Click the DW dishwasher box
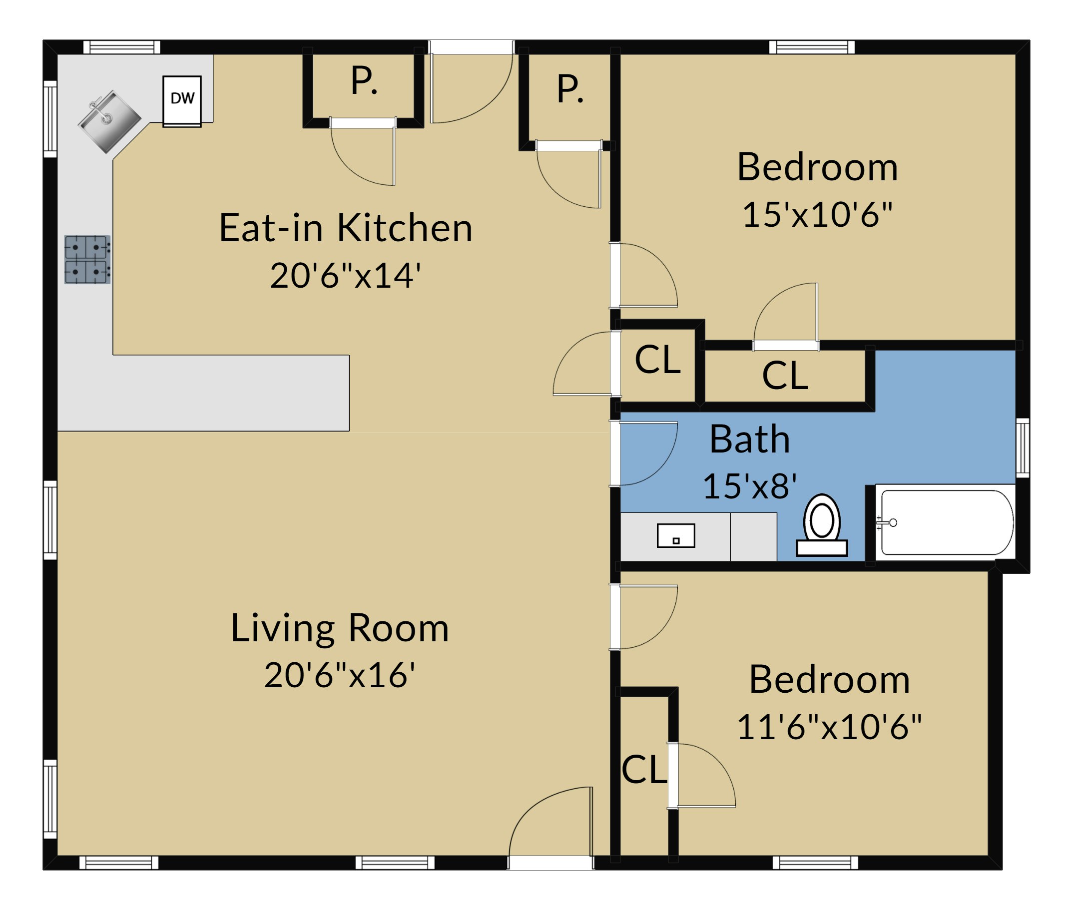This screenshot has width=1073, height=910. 182,101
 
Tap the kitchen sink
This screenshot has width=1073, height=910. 109,122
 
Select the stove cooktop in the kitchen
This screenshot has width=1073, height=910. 87,260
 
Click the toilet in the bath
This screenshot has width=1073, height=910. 822,524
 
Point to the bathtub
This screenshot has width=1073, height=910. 946,522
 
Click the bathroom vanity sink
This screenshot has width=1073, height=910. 676,535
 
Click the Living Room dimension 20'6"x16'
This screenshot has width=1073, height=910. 340,675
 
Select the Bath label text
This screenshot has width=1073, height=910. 750,439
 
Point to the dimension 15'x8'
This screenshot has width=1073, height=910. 750,486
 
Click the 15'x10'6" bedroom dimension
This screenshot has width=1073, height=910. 817,214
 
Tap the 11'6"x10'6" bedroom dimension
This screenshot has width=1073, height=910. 829,727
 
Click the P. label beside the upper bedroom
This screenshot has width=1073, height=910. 570,89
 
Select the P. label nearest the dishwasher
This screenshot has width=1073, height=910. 364,81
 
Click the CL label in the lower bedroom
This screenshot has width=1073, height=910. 644,770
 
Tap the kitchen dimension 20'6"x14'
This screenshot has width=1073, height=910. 345,275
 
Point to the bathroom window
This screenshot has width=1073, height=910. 1023,448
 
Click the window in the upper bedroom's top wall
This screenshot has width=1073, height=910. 811,47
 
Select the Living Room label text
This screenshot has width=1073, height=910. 340,628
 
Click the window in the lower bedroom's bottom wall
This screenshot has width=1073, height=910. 815,863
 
